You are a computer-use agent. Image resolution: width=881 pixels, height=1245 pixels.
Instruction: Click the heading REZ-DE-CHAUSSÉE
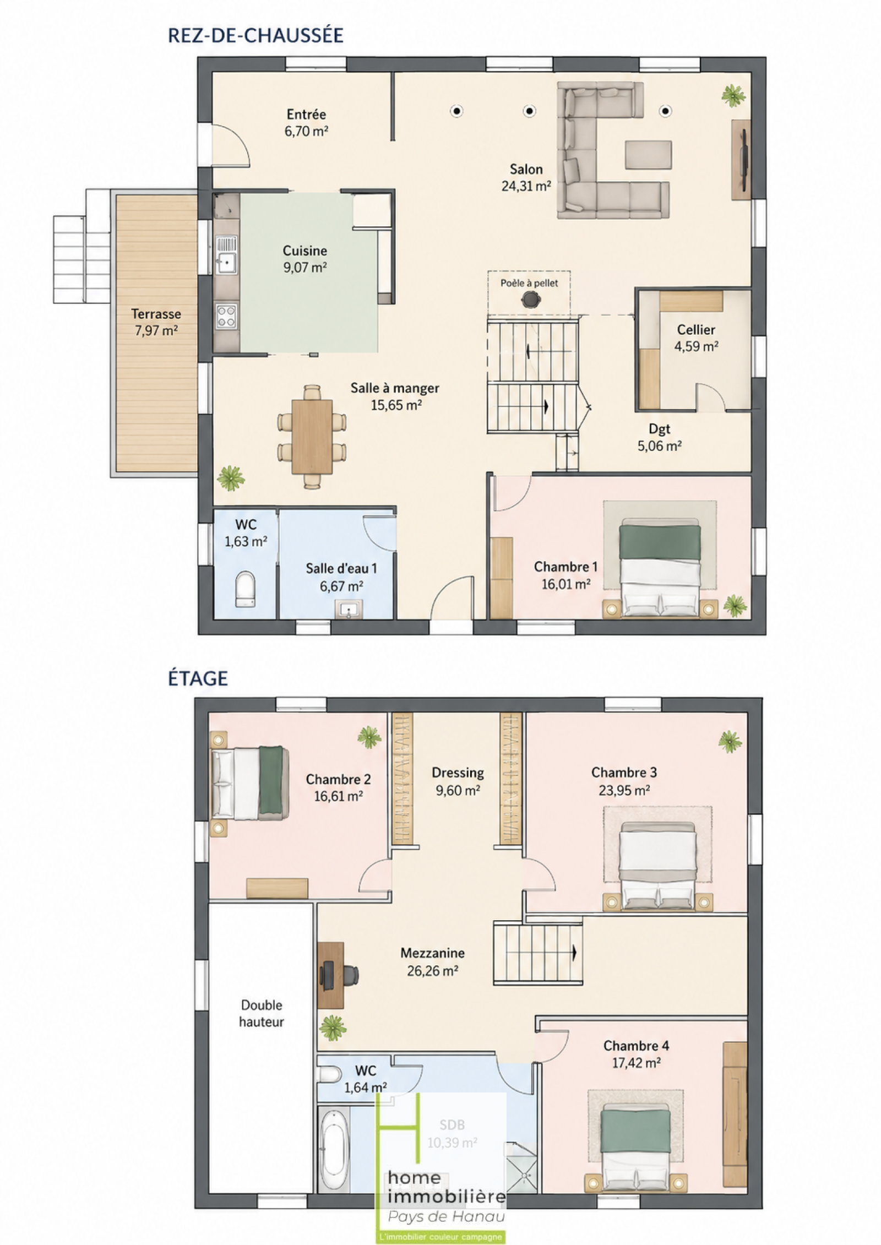point(255,35)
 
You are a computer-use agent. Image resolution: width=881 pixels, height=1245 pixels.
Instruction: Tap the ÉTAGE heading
point(198,678)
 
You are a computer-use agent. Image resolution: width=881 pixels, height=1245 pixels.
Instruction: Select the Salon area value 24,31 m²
point(526,186)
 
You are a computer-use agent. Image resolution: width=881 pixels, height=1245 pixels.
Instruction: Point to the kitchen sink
point(226,255)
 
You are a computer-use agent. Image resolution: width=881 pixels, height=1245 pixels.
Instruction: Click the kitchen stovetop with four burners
point(226,317)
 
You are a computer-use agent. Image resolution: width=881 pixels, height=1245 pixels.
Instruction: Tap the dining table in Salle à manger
point(312,436)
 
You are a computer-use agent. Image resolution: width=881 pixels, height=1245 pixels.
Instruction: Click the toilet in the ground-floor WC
point(245,589)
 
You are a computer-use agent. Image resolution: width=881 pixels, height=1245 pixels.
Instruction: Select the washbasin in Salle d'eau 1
point(348,609)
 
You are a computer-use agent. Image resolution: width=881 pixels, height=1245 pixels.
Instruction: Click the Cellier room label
point(696,330)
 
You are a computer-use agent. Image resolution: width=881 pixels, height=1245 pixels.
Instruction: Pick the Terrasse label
point(156,314)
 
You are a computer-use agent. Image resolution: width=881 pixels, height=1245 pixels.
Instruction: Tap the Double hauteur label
point(262,1013)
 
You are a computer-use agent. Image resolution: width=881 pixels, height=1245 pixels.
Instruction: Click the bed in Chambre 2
point(249,782)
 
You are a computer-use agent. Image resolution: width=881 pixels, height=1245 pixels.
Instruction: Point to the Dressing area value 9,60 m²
point(458,791)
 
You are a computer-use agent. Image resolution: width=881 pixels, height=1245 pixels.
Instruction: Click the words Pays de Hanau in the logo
point(446,1216)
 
